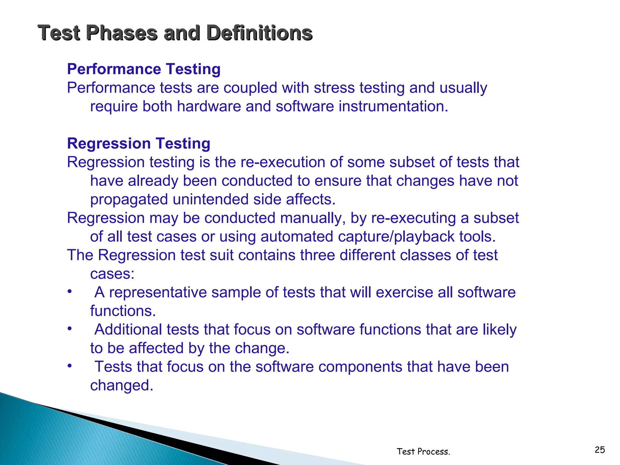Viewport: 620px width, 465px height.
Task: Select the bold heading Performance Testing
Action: click(x=143, y=69)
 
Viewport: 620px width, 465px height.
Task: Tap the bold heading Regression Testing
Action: click(x=138, y=143)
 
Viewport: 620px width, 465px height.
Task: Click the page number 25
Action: click(x=600, y=450)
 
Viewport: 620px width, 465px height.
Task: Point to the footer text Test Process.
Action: click(x=423, y=452)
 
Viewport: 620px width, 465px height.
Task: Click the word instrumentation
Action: click(x=393, y=107)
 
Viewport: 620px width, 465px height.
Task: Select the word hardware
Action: click(x=209, y=107)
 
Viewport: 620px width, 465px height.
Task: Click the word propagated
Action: click(x=129, y=200)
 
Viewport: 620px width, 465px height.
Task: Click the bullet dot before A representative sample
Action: click(x=70, y=292)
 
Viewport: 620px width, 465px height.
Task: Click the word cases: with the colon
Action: click(x=112, y=274)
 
